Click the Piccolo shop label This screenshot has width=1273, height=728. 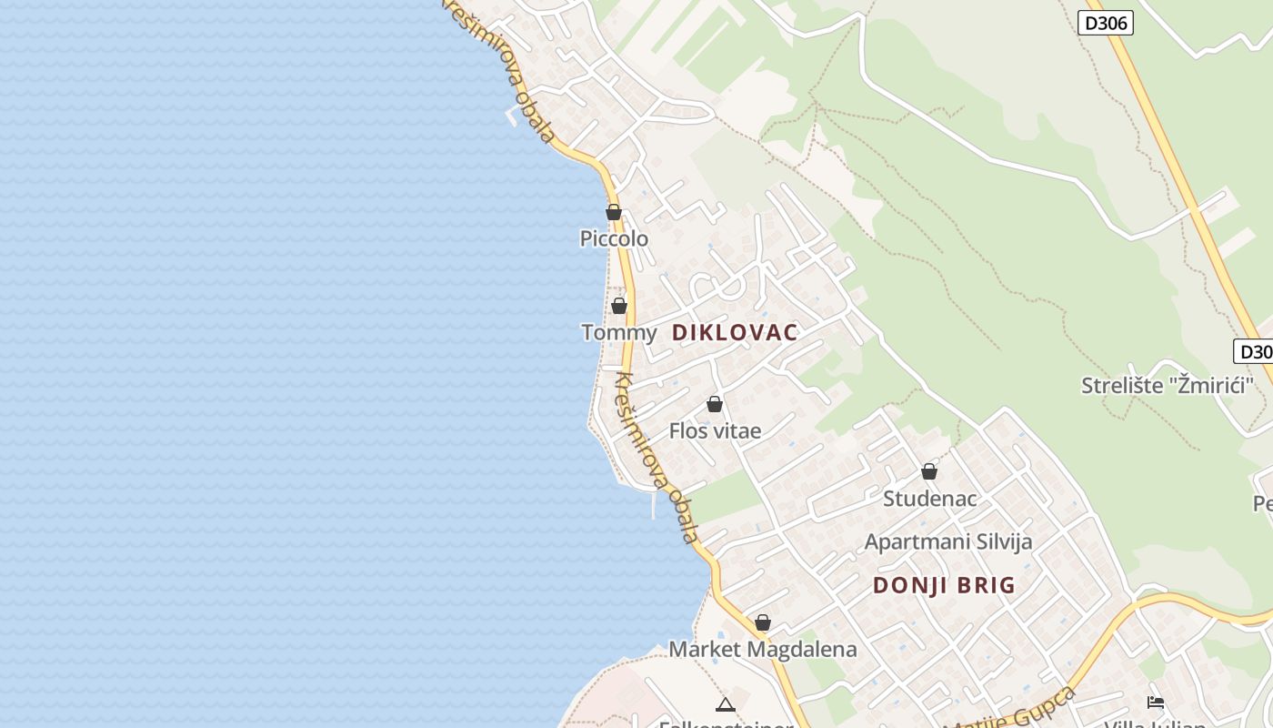(614, 238)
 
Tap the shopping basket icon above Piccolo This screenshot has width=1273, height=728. (614, 212)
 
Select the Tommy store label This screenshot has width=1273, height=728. (618, 332)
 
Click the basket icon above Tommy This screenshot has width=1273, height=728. (619, 306)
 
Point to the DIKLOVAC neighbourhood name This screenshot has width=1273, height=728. (735, 332)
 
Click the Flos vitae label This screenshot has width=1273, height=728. (715, 430)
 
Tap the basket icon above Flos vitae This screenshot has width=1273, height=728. (715, 404)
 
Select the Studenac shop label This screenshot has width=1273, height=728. (929, 499)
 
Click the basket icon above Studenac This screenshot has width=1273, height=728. (929, 471)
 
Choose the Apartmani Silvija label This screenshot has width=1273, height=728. (948, 542)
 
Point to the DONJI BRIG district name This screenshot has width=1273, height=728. (944, 585)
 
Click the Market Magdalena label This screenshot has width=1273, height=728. (763, 649)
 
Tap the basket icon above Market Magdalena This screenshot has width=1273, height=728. (763, 622)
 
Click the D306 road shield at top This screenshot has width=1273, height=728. (1106, 23)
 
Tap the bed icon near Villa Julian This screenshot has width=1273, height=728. (1156, 702)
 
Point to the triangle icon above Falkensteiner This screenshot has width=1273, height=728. (725, 703)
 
